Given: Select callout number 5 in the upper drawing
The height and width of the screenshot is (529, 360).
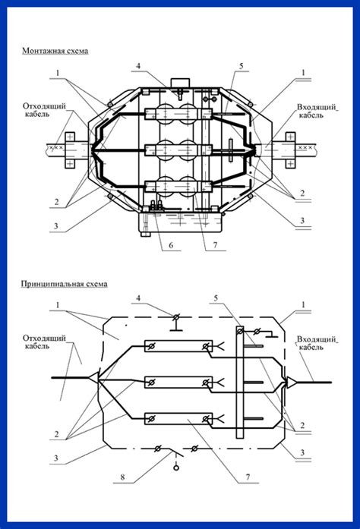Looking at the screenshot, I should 241,66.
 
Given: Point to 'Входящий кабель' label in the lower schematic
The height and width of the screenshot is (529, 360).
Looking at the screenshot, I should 314,342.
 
